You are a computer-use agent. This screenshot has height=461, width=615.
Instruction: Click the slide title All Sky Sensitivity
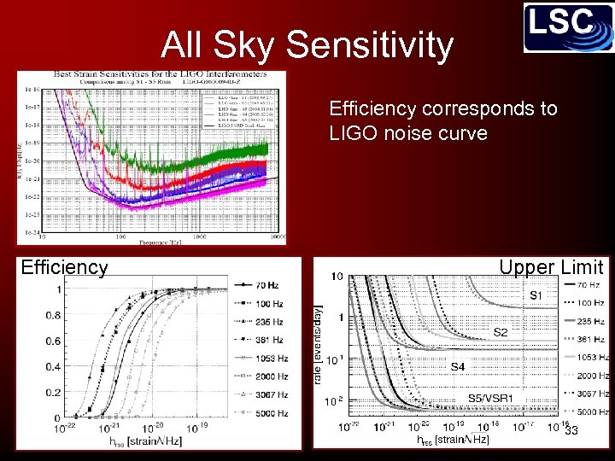pyautogui.click(x=307, y=45)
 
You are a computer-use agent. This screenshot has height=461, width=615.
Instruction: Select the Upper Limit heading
pyautogui.click(x=551, y=267)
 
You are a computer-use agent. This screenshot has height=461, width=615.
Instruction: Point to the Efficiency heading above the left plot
pyautogui.click(x=64, y=267)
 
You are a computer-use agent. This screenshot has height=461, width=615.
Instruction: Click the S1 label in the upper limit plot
pyautogui.click(x=536, y=295)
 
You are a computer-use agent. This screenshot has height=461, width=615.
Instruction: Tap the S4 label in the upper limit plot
pyautogui.click(x=459, y=366)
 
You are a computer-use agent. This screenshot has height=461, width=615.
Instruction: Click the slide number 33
pyautogui.click(x=571, y=431)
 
